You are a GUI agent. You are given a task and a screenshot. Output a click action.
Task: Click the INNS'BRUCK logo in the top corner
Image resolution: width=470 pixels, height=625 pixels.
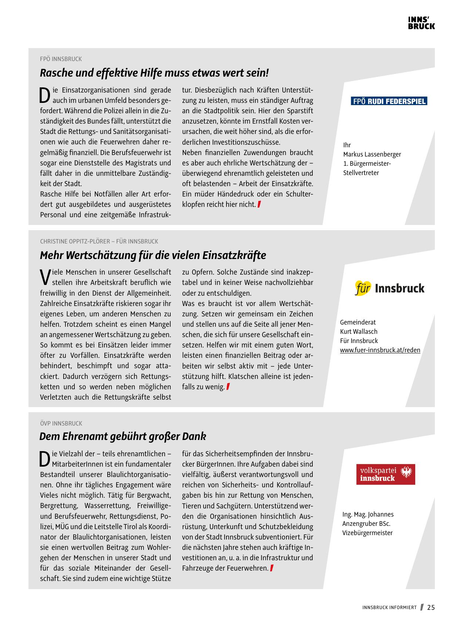[421, 23]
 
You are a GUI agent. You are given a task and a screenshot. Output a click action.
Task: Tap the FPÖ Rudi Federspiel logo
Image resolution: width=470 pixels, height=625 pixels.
[389, 101]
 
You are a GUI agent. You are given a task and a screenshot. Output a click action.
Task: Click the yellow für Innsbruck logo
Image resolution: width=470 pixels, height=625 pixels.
[390, 288]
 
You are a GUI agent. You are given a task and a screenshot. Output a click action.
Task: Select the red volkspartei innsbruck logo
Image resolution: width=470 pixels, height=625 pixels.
[386, 474]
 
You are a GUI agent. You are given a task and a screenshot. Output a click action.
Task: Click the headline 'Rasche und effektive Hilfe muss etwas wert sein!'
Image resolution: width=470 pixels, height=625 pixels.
[154, 73]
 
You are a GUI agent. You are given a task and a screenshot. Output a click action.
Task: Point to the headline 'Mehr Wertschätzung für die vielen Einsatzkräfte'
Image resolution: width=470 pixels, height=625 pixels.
[153, 255]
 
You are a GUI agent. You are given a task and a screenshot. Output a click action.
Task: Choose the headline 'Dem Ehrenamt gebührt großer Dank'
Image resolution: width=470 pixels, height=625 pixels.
[122, 437]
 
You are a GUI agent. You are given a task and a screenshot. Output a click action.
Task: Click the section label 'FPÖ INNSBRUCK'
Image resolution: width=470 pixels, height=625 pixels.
[61, 59]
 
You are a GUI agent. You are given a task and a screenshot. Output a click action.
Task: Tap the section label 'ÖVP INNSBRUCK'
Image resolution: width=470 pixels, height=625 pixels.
[61, 423]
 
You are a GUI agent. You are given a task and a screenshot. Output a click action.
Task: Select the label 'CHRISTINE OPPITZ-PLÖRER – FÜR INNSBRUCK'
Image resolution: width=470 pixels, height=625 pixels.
[99, 241]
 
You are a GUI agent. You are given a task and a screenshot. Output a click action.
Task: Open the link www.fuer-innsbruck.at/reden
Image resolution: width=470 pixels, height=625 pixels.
[380, 350]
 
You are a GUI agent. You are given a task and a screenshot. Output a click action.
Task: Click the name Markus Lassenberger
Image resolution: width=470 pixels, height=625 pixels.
[372, 154]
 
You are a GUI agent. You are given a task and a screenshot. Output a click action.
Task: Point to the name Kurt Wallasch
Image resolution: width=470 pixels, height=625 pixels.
[359, 332]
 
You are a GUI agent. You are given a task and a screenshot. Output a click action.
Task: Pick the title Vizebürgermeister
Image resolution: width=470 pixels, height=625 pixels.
[367, 533]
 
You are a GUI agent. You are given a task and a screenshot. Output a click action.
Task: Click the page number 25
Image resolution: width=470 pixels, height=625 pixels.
[431, 608]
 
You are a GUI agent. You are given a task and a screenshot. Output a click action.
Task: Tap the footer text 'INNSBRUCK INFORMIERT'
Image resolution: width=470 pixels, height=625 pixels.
[389, 608]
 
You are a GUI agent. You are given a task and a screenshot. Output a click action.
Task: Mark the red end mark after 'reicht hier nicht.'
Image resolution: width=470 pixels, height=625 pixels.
[259, 204]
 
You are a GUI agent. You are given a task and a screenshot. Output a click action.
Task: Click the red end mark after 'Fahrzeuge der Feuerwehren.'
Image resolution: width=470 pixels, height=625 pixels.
[272, 568]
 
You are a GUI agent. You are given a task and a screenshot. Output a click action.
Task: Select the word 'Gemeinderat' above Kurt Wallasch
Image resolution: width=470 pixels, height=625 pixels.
[358, 322]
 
